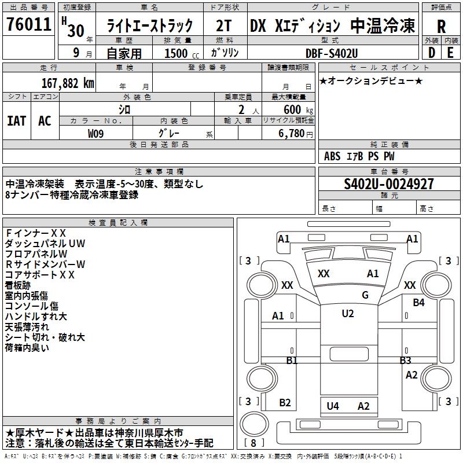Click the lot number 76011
(28, 26)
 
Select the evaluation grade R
(441, 27)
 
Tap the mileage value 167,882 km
(68, 83)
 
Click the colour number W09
(96, 133)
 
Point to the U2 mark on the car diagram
(347, 314)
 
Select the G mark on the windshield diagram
(365, 295)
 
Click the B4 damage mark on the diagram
(419, 303)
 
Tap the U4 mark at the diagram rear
(333, 406)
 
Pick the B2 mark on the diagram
(285, 403)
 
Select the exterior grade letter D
(431, 53)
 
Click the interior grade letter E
(450, 53)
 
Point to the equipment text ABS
(332, 156)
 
